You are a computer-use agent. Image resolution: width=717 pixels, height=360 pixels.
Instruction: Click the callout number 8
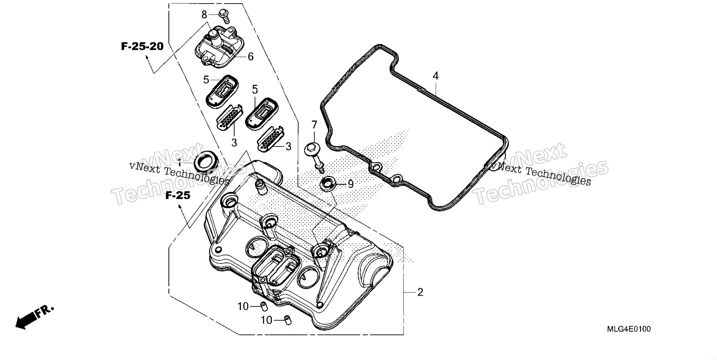click(x=204, y=14)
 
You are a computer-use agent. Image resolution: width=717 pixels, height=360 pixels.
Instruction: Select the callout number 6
click(x=250, y=57)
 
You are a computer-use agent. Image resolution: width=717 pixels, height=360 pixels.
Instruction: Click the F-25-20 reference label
click(x=142, y=46)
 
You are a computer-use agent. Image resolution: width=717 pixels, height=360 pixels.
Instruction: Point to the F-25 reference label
click(x=178, y=196)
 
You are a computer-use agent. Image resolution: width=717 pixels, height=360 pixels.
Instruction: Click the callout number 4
click(x=436, y=76)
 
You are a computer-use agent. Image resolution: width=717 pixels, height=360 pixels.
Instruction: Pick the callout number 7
click(x=314, y=125)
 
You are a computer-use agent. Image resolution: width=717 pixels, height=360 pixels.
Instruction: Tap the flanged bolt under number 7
click(x=315, y=157)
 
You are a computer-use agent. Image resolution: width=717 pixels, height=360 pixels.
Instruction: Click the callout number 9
click(x=350, y=184)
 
